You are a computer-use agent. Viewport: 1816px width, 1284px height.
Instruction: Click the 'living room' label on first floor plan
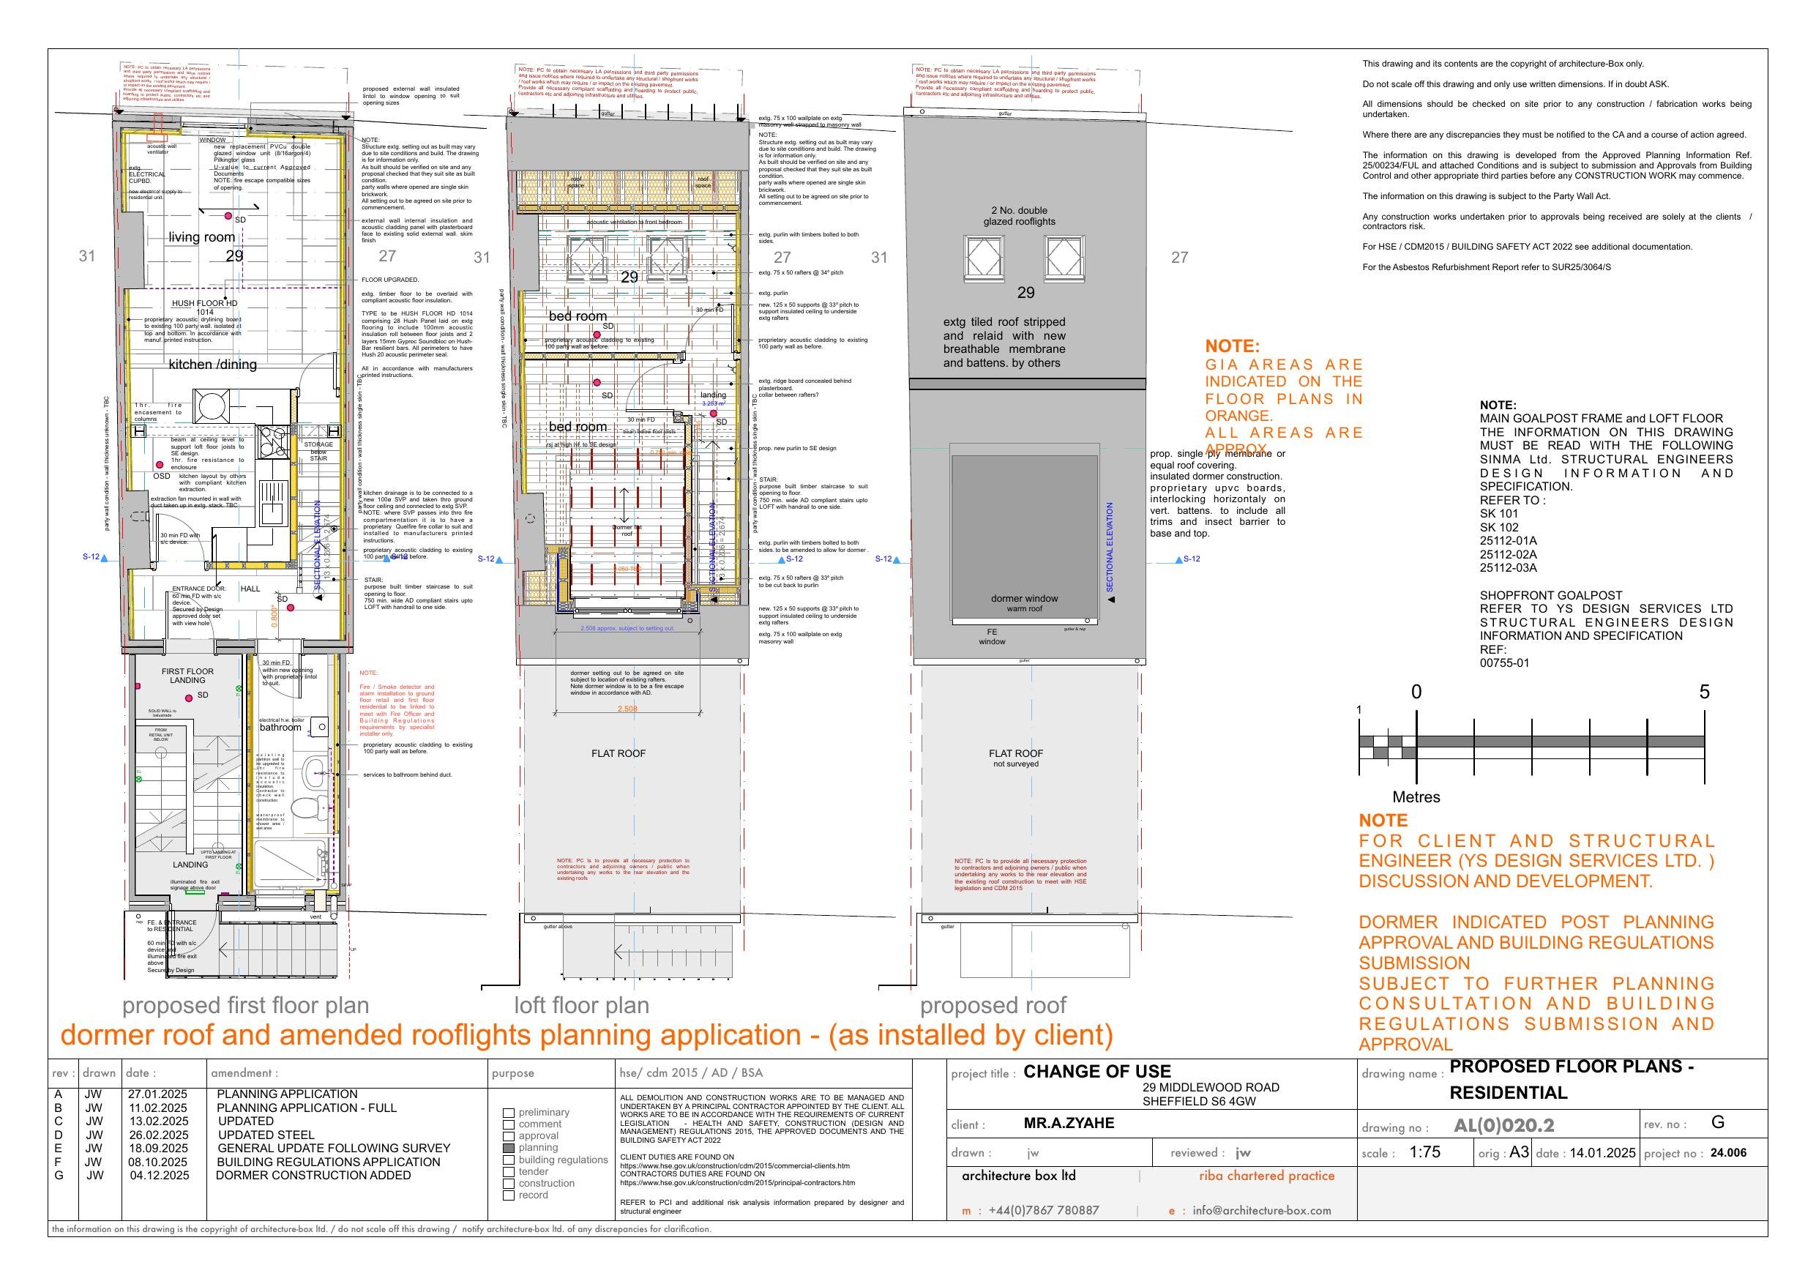(202, 236)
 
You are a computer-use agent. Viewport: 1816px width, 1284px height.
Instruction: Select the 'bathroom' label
(280, 727)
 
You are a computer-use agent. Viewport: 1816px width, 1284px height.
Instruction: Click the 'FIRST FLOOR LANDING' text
(187, 676)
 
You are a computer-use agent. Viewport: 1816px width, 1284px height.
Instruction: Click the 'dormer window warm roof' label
(1024, 603)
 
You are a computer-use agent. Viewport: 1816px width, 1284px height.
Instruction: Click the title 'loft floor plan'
(581, 1005)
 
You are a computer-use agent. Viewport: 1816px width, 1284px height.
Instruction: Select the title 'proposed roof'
(993, 1005)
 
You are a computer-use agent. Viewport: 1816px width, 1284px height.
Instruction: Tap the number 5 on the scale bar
(1705, 692)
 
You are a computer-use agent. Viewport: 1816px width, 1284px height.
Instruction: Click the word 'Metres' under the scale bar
(1416, 796)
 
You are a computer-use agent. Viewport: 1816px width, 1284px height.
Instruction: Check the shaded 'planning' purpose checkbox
(509, 1148)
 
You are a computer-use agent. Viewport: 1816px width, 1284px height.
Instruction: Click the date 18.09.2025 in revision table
(158, 1148)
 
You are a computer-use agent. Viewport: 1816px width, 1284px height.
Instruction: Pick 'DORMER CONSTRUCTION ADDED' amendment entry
(313, 1175)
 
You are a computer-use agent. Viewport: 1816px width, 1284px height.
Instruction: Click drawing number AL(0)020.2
(1503, 1125)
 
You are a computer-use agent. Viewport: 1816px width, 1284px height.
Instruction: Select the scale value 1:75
(1424, 1152)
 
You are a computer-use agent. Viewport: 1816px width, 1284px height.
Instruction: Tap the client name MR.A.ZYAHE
(1069, 1123)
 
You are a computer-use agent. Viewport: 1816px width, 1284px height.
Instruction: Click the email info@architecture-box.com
(1262, 1209)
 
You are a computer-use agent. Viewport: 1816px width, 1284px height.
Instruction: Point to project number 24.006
(1728, 1153)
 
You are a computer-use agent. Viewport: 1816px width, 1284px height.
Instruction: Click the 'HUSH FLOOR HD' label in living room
(204, 303)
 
